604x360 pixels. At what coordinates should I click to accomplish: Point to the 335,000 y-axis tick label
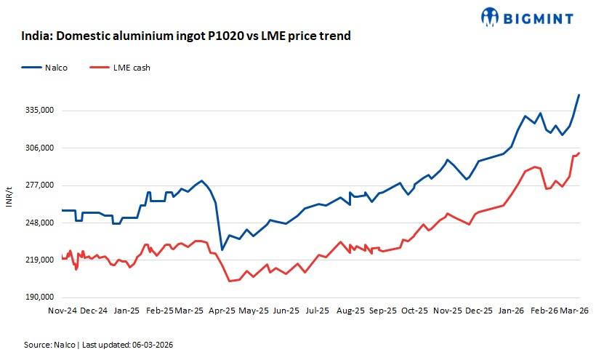pos(40,111)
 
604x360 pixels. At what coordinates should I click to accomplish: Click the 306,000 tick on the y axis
pos(40,148)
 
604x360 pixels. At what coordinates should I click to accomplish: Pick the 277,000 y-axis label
pos(40,185)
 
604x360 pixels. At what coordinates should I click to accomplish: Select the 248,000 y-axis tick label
pos(40,223)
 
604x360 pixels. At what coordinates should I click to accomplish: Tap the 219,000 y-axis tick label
pos(40,260)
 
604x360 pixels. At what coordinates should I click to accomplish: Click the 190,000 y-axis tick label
pos(40,297)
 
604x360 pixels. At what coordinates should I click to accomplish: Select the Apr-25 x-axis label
pos(221,310)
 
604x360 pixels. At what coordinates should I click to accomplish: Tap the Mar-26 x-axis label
pos(573,310)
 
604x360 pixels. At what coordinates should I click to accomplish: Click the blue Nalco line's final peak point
pos(579,95)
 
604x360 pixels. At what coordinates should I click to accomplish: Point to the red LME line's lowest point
pos(229,281)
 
